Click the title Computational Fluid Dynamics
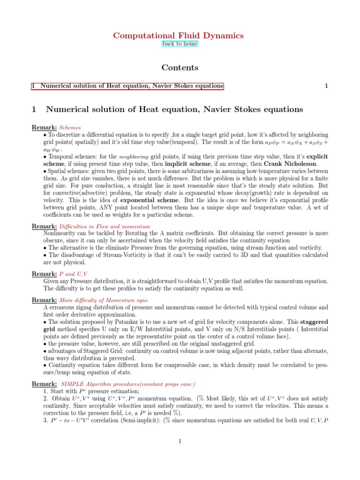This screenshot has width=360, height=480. (180, 36)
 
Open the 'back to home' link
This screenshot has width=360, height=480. (180, 44)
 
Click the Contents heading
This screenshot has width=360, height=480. (180, 67)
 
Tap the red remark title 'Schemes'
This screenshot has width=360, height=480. (70, 127)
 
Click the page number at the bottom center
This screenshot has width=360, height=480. (180, 441)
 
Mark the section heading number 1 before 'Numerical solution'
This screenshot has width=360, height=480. (34, 110)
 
